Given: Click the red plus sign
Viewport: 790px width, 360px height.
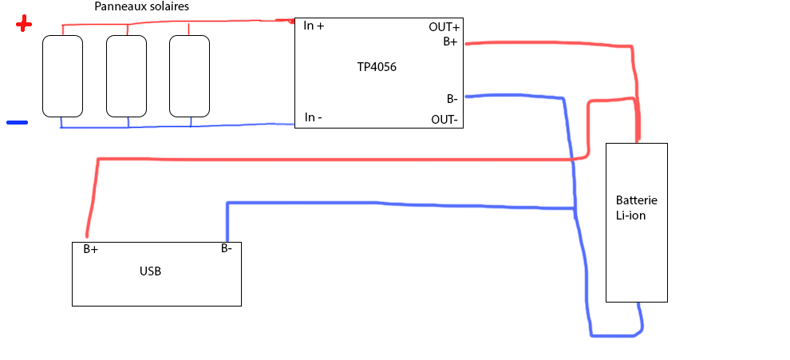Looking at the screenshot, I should (x=24, y=25).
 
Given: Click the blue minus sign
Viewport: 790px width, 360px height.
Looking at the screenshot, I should (x=17, y=123).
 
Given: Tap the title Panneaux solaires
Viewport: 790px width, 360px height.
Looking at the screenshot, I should (x=141, y=7).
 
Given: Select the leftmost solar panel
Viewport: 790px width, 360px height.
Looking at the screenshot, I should (x=62, y=75).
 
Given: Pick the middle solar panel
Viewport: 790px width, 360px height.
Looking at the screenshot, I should (x=126, y=75).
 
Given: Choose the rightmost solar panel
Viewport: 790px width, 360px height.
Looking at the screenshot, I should (x=189, y=75).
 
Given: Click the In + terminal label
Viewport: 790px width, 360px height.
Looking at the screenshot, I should (x=314, y=26).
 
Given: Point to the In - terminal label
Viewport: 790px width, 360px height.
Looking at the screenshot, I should (x=314, y=117).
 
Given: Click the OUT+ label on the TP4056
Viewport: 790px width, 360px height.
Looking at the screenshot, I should (x=444, y=27).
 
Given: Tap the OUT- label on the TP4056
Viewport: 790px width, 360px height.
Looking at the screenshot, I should (x=444, y=120).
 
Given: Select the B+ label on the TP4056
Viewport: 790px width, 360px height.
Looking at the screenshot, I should (x=450, y=42).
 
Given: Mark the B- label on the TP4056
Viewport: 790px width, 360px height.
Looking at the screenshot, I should (x=452, y=99).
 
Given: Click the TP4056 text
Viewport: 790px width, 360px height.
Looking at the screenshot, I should (x=377, y=67).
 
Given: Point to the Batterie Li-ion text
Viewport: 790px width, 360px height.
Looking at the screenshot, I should (x=636, y=208).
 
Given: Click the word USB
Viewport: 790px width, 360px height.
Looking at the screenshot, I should (x=150, y=271).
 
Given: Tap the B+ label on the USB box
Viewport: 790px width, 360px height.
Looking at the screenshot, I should (x=91, y=249).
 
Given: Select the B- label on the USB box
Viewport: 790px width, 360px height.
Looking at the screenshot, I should (x=227, y=248).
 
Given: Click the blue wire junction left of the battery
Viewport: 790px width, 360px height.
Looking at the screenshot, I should (x=575, y=210).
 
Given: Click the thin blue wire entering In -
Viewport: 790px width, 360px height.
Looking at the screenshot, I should (x=255, y=126).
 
